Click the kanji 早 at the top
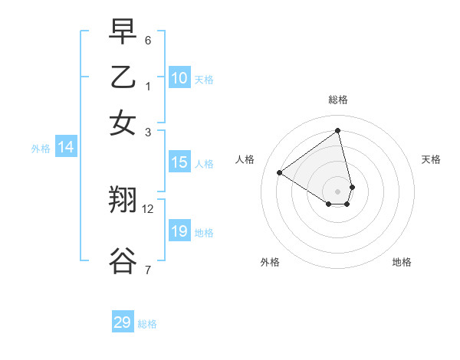(123, 33)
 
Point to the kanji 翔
(123, 200)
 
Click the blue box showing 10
(179, 78)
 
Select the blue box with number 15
(179, 162)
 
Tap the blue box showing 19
(179, 231)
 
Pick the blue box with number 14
(66, 148)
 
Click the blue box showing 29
(123, 322)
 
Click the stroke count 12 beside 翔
(148, 208)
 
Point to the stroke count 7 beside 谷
(148, 270)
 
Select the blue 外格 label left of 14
(41, 149)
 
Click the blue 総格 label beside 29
(147, 324)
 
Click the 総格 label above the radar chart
(338, 100)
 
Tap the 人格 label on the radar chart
(245, 159)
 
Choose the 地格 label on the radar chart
(402, 262)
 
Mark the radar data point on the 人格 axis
(280, 173)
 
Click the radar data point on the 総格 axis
(338, 130)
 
